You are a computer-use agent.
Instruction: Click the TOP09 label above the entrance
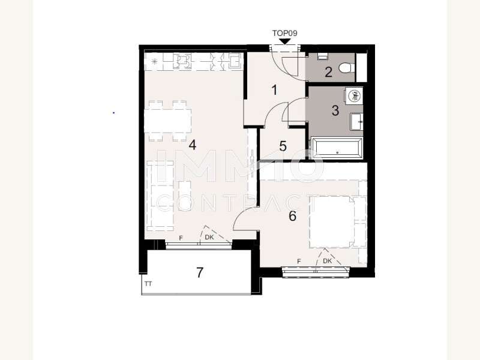click(x=284, y=33)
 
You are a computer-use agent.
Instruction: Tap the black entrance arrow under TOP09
click(x=286, y=41)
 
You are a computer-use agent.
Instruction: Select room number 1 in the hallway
click(x=275, y=90)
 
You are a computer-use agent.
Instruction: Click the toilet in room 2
click(x=347, y=68)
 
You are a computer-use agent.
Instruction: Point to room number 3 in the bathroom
click(x=335, y=110)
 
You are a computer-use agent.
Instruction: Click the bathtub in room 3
click(x=337, y=148)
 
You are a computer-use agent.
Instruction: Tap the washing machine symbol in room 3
click(x=355, y=95)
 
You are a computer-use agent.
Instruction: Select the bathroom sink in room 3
click(x=357, y=121)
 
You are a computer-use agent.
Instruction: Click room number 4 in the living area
click(x=192, y=145)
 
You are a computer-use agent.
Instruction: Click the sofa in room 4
click(x=160, y=196)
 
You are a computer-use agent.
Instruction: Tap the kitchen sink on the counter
click(x=235, y=61)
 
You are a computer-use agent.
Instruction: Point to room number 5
click(x=283, y=146)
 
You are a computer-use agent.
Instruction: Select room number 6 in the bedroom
click(x=293, y=216)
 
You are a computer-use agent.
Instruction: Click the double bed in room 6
click(x=332, y=221)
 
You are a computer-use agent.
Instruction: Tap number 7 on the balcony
click(x=200, y=272)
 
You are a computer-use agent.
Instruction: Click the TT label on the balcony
click(x=148, y=284)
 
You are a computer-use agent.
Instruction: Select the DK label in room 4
click(x=209, y=237)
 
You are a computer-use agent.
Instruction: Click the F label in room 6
click(x=299, y=261)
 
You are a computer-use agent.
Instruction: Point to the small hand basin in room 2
click(x=322, y=56)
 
